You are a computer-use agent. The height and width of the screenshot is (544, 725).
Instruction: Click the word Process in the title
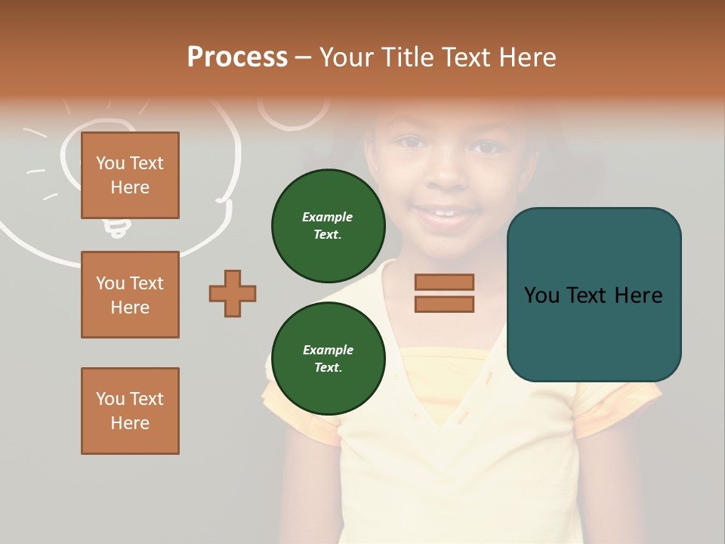pyautogui.click(x=237, y=57)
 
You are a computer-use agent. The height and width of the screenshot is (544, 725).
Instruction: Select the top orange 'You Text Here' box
pyautogui.click(x=130, y=175)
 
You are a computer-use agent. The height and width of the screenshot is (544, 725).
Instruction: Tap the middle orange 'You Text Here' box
pyautogui.click(x=130, y=295)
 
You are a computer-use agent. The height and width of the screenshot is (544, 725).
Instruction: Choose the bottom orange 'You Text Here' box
pyautogui.click(x=130, y=410)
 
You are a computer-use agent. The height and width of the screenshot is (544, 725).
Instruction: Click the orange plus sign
pyautogui.click(x=233, y=293)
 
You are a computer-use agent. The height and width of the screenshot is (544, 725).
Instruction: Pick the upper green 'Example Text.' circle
pyautogui.click(x=328, y=225)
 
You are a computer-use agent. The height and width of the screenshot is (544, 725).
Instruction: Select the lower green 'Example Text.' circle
pyautogui.click(x=328, y=358)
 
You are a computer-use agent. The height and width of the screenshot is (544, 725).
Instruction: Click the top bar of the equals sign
pyautogui.click(x=444, y=282)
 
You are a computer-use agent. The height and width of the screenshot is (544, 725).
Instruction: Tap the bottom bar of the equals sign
pyautogui.click(x=444, y=304)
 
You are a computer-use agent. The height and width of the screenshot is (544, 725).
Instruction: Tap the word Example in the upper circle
pyautogui.click(x=328, y=217)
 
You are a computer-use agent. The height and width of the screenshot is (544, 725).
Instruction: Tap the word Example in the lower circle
pyautogui.click(x=328, y=350)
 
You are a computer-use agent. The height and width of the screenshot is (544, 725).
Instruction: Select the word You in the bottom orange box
pyautogui.click(x=110, y=398)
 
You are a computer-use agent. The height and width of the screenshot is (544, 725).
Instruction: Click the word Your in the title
pyautogui.click(x=349, y=57)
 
